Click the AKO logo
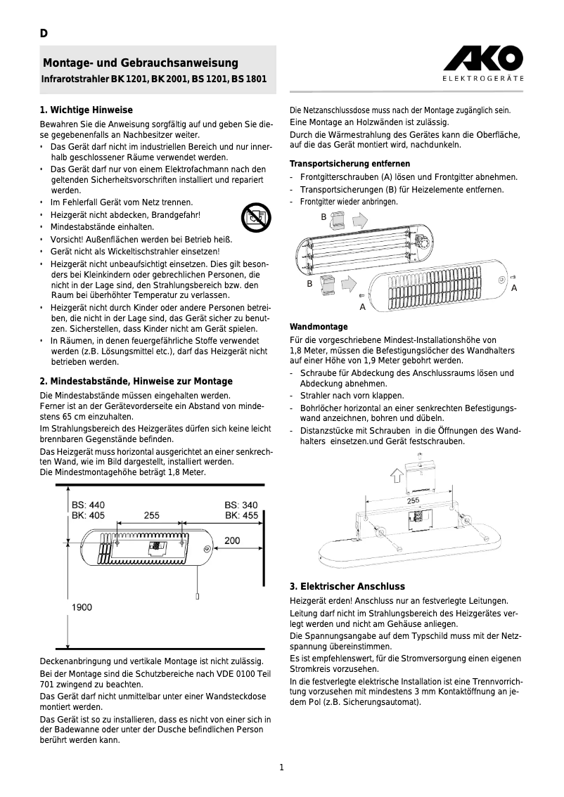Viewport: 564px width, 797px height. pos(482,58)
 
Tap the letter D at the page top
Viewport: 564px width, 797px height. pos(44,34)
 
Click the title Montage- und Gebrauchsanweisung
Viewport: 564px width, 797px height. pos(141,63)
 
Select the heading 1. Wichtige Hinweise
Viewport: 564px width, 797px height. pos(86,110)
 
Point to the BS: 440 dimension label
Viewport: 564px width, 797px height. pos(88,505)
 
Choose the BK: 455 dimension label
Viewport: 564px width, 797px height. pos(241,515)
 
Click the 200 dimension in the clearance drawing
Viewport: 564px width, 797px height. pos(231,540)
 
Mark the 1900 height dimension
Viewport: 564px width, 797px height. pos(82,607)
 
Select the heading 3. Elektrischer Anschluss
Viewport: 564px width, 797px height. pos(347,586)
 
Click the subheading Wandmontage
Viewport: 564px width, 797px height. pos(319,327)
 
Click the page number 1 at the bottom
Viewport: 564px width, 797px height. pos(281,767)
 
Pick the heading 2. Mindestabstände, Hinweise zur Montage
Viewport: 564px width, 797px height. pos(136,381)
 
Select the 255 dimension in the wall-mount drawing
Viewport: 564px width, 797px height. pos(414,500)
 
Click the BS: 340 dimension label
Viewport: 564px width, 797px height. pos(241,505)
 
